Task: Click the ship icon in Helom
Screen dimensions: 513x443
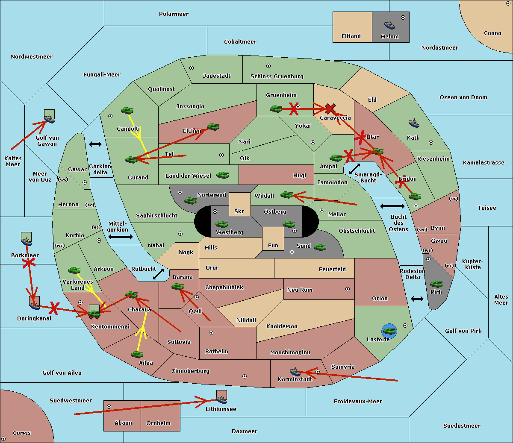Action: (389, 25)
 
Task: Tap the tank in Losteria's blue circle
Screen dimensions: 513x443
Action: (389, 331)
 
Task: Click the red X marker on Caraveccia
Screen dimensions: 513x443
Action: (330, 109)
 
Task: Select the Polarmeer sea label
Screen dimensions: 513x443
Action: (174, 14)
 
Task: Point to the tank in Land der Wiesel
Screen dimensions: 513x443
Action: (222, 175)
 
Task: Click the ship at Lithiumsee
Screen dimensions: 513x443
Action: (221, 399)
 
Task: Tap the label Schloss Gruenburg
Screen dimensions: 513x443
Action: (277, 76)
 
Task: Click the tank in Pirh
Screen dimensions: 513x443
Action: (436, 284)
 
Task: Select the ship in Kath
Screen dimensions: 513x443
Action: (414, 123)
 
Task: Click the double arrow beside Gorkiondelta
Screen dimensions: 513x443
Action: (95, 144)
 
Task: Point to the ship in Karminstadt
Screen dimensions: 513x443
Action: (295, 372)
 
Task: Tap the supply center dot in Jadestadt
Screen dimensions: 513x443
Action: (192, 68)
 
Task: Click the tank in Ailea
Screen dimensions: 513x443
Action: (137, 354)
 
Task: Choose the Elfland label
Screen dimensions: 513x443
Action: (351, 36)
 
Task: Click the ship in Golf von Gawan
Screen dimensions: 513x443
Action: (50, 119)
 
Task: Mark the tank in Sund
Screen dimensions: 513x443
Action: (320, 247)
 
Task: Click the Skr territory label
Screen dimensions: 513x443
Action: (239, 211)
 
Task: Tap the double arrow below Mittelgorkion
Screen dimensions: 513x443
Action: (121, 237)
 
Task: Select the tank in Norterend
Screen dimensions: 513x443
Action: (190, 200)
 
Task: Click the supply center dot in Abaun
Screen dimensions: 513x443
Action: (109, 407)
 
